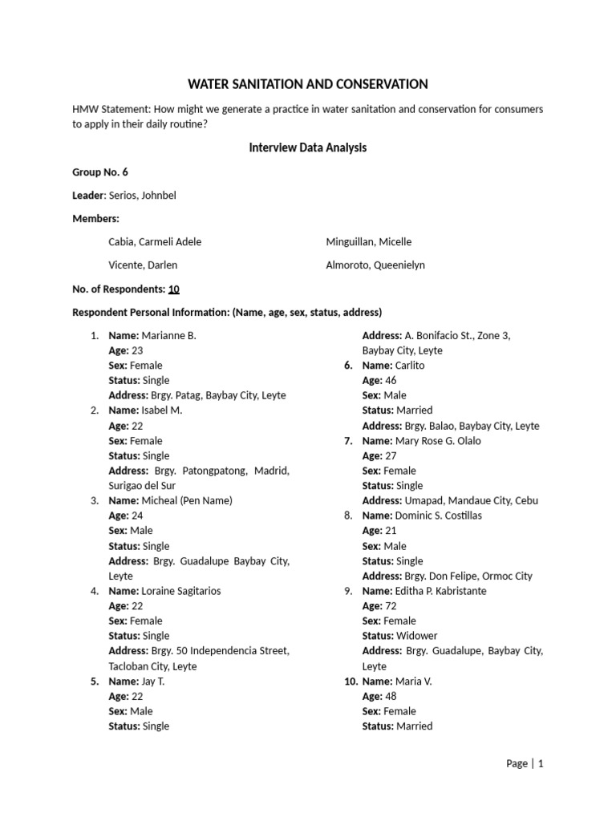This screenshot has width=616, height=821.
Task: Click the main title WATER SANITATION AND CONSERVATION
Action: (x=308, y=84)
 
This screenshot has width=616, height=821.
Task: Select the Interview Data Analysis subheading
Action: (x=308, y=148)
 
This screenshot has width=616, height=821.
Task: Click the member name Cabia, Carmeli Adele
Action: (x=155, y=241)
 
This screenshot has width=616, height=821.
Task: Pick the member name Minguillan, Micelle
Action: (x=368, y=241)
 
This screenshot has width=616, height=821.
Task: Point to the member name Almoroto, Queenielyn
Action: (x=375, y=265)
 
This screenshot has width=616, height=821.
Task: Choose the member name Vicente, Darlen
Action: (x=143, y=265)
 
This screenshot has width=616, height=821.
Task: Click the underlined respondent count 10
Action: (x=173, y=289)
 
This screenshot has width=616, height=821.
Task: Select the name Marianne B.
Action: (x=168, y=336)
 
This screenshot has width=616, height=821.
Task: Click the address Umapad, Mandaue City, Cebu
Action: (x=466, y=500)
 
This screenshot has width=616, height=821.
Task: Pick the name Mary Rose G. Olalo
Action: (x=438, y=441)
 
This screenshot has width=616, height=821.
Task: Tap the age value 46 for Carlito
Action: (x=391, y=381)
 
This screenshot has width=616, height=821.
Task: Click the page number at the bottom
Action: (x=541, y=764)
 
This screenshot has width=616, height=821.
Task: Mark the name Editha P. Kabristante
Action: (x=440, y=591)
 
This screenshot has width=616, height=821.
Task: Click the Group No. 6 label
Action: (x=100, y=172)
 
